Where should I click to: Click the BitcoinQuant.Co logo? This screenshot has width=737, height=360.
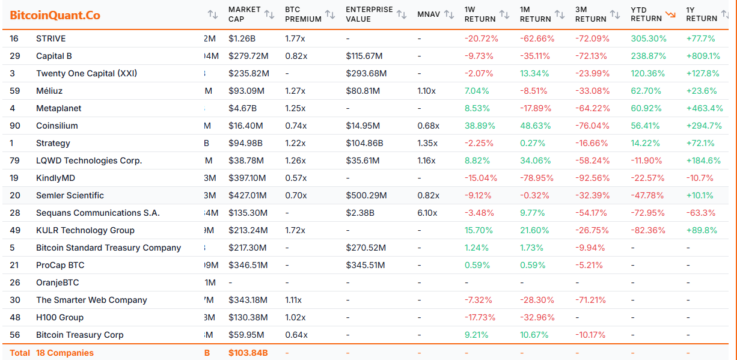click(x=55, y=15)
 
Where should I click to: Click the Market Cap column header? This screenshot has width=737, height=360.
click(x=244, y=14)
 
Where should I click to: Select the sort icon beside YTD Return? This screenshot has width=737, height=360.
click(x=670, y=14)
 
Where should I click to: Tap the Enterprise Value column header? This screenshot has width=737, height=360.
click(x=369, y=14)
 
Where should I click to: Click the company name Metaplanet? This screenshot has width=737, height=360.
click(x=59, y=108)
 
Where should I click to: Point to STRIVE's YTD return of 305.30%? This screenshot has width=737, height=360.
click(x=649, y=38)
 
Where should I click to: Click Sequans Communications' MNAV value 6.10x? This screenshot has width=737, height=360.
click(x=427, y=213)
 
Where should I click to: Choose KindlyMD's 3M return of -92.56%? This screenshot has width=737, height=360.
click(x=592, y=178)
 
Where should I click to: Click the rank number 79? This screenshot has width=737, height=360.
click(x=15, y=160)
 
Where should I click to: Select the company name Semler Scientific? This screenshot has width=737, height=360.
click(x=70, y=195)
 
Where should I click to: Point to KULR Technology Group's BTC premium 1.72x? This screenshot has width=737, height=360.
click(x=296, y=230)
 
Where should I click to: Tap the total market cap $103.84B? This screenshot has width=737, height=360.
click(x=248, y=353)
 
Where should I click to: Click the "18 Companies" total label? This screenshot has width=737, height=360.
click(x=65, y=353)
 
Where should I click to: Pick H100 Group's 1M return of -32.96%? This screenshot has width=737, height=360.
click(x=537, y=317)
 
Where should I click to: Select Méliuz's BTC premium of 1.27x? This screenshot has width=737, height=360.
click(x=295, y=91)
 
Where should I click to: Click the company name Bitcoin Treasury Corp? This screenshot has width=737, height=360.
click(x=80, y=335)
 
